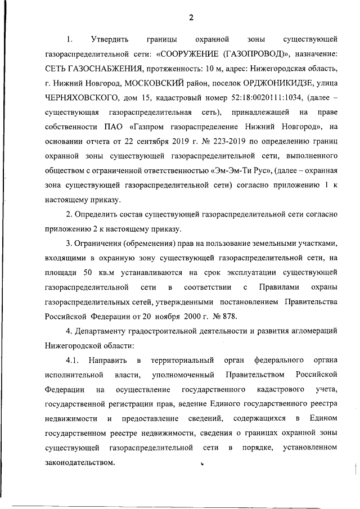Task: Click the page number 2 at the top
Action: coord(191,17)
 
